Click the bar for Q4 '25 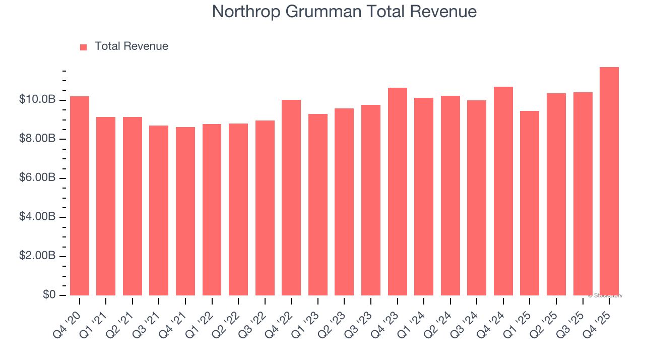tap(609, 181)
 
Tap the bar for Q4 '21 tap(185, 211)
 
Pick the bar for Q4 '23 tap(397, 192)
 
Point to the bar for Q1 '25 tap(530, 203)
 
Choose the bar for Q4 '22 tap(291, 198)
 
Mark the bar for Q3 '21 tap(159, 210)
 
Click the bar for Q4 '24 tap(503, 191)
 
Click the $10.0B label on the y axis tap(37, 100)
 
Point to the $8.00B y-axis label tap(37, 139)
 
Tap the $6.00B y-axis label tap(37, 178)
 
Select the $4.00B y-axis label tap(37, 217)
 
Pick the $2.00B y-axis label tap(37, 256)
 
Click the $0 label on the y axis tap(49, 295)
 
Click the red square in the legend tap(84, 47)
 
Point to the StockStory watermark tap(605, 295)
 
